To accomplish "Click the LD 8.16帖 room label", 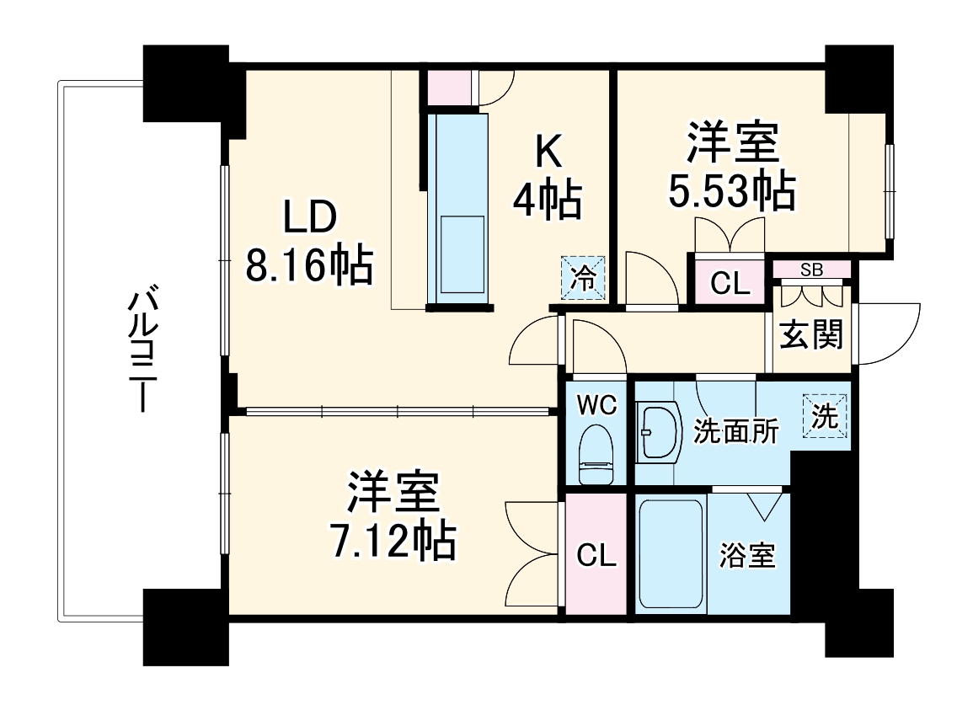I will point(308,242).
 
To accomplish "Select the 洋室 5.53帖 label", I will point(731,166).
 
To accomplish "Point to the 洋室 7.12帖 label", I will point(392,516).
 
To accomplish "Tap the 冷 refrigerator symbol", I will point(583,279).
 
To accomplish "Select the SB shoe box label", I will point(811,270).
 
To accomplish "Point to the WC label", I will point(596,404).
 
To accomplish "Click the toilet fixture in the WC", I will point(596,456).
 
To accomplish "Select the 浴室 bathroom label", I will point(747,556).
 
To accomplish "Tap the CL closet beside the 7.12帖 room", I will point(596,555).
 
